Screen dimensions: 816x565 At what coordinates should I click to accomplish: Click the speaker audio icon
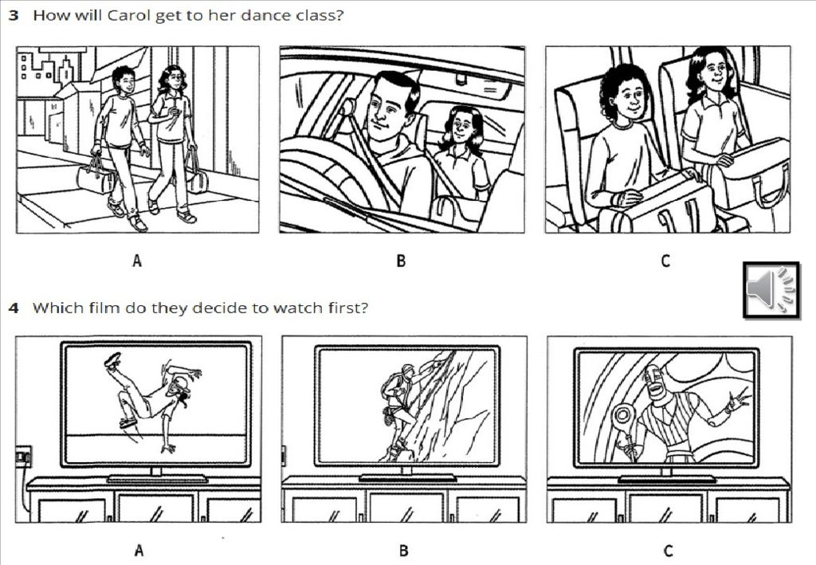click(771, 290)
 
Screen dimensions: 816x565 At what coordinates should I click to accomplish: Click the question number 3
click(14, 15)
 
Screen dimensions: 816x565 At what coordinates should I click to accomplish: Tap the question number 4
click(14, 308)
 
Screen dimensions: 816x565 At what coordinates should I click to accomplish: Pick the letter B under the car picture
click(401, 261)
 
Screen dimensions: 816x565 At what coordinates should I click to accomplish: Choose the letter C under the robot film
click(668, 551)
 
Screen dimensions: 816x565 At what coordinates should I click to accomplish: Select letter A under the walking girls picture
click(137, 260)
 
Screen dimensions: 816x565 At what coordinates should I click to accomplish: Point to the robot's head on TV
click(657, 385)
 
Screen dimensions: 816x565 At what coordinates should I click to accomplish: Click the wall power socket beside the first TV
click(23, 457)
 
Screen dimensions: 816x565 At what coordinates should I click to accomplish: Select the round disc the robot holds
click(623, 416)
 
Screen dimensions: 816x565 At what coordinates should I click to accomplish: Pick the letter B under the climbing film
click(403, 551)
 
